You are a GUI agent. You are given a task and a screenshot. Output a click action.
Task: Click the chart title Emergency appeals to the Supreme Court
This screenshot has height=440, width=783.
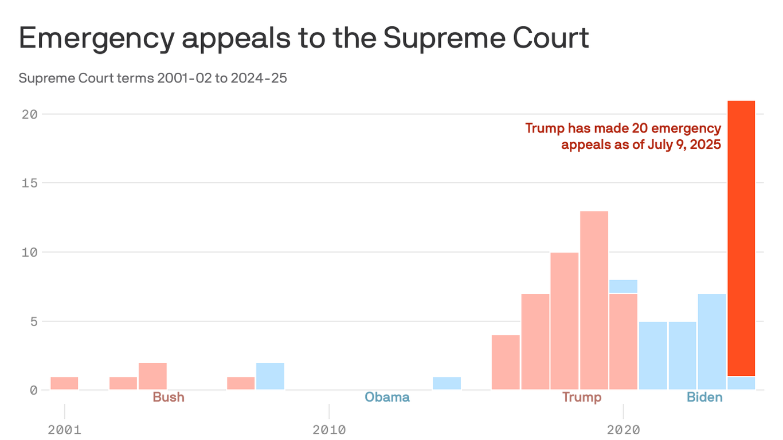pyautogui.click(x=304, y=38)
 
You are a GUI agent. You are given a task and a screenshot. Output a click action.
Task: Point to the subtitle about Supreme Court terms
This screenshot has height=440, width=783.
pyautogui.click(x=152, y=78)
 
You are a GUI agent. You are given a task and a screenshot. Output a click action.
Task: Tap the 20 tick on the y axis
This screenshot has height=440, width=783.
pyautogui.click(x=30, y=114)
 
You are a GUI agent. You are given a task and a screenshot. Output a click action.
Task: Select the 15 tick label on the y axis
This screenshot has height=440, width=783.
pyautogui.click(x=30, y=183)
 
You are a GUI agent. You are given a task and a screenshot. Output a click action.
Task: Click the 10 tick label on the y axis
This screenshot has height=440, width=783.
pyautogui.click(x=30, y=252)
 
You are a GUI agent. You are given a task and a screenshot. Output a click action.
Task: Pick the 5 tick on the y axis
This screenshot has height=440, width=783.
pyautogui.click(x=33, y=321)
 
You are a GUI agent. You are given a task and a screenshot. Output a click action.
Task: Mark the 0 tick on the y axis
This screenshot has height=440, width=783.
pyautogui.click(x=33, y=390)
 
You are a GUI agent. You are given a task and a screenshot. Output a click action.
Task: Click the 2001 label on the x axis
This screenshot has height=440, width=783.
pyautogui.click(x=65, y=430)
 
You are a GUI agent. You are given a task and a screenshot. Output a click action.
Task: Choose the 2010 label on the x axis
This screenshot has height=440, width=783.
pyautogui.click(x=329, y=430)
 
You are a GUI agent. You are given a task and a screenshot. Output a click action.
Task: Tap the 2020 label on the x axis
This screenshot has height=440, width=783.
pyautogui.click(x=623, y=430)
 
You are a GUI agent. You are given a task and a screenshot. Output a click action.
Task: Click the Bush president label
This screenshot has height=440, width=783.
pyautogui.click(x=169, y=397)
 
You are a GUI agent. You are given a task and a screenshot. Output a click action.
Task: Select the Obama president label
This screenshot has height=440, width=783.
pyautogui.click(x=387, y=397)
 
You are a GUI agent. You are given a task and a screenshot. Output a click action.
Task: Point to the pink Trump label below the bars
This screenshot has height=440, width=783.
pyautogui.click(x=582, y=397)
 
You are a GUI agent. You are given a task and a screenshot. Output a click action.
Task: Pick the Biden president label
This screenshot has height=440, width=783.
pyautogui.click(x=704, y=397)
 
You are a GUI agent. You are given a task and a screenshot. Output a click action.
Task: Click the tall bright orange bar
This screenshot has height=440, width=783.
pyautogui.click(x=741, y=238)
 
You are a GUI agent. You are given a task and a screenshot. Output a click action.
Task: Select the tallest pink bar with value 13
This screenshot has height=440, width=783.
pyautogui.click(x=594, y=300)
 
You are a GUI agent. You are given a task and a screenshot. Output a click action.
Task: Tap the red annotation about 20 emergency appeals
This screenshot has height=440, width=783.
pyautogui.click(x=623, y=136)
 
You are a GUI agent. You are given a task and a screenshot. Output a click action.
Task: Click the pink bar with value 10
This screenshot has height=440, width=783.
pyautogui.click(x=565, y=321)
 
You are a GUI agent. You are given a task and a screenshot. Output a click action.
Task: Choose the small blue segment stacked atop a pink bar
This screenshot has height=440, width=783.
pyautogui.click(x=624, y=286)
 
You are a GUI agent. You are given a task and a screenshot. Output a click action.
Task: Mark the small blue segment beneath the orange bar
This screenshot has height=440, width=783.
pyautogui.click(x=741, y=383)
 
